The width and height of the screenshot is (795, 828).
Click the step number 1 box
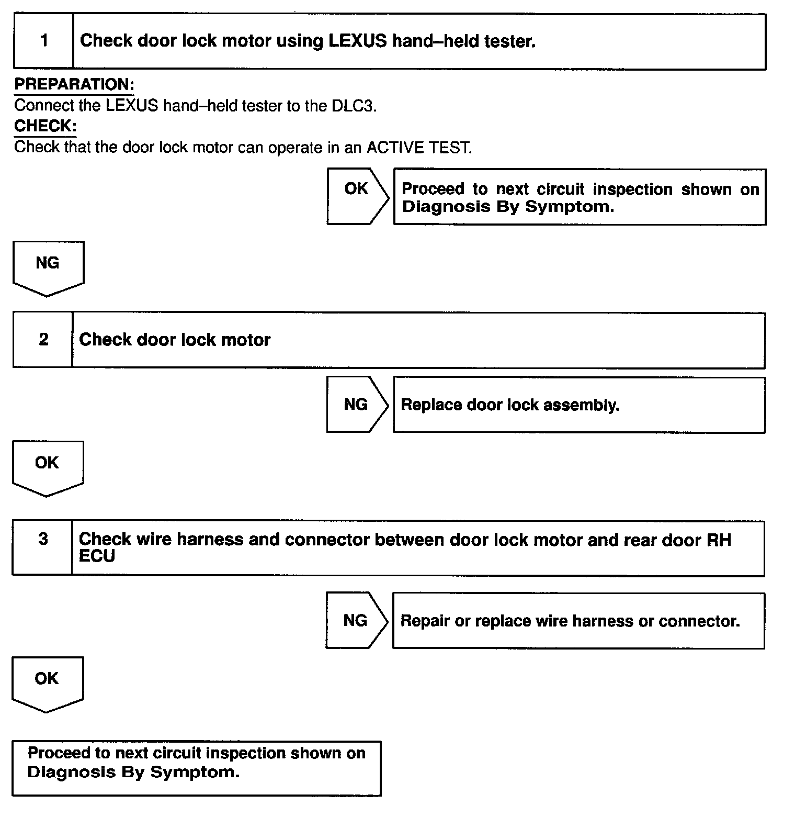[x=43, y=41]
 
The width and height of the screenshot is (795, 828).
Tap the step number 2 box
[x=43, y=340]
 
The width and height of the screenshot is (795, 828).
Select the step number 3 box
[x=42, y=547]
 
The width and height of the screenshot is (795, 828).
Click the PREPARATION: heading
[x=74, y=84]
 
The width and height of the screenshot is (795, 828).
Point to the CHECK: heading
[x=45, y=126]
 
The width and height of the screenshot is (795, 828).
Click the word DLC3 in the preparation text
[x=353, y=106]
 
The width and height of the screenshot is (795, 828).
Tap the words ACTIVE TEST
[x=418, y=148]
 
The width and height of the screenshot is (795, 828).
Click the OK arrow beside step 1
[x=357, y=196]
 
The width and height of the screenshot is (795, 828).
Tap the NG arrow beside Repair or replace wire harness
[x=356, y=621]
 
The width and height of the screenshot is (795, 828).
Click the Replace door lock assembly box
[x=579, y=405]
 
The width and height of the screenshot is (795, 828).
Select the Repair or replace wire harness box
[x=578, y=621]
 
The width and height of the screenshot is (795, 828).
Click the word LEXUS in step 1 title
[x=358, y=41]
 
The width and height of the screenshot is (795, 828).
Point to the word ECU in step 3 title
[x=97, y=556]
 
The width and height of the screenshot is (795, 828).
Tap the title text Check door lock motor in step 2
[x=175, y=340]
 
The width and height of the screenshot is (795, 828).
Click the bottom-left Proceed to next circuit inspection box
[x=196, y=768]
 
